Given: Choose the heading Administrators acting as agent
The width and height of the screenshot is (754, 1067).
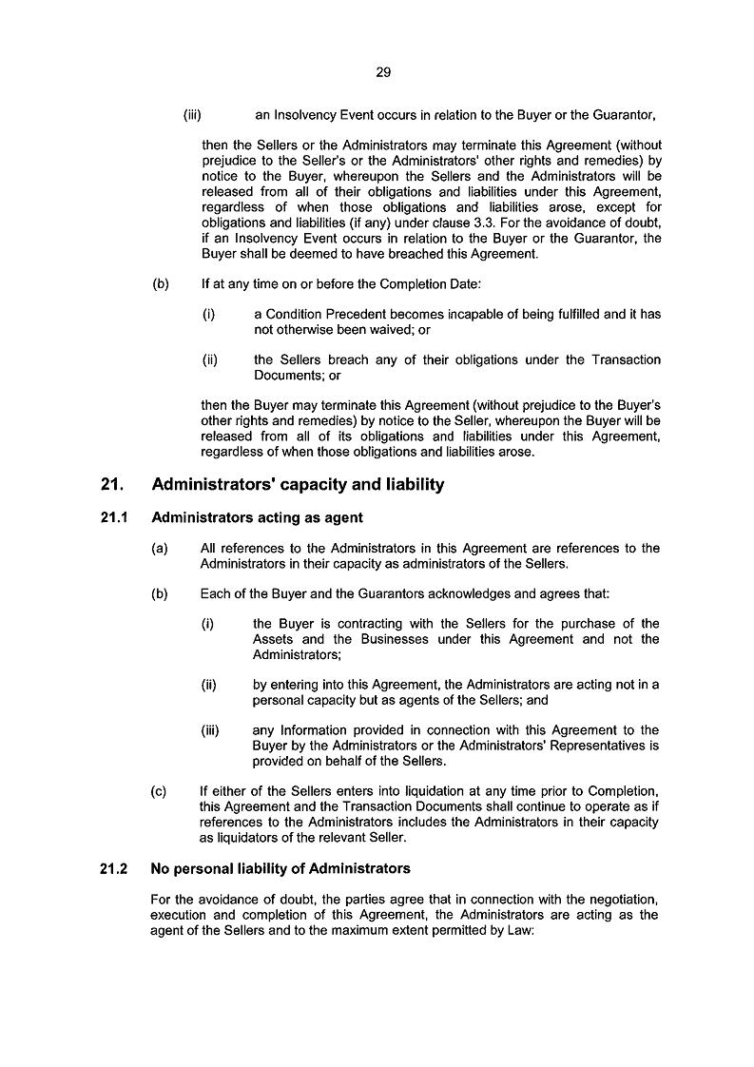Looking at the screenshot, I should (x=257, y=518).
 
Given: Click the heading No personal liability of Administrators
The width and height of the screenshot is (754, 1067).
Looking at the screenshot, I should (x=280, y=868).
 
